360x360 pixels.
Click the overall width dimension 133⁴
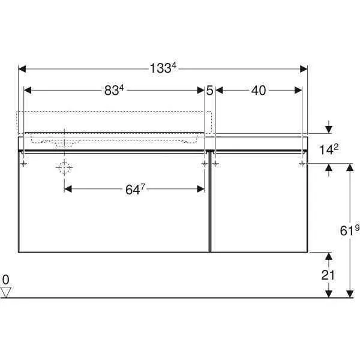163,68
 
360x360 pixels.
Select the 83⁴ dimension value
114,91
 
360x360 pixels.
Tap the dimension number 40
258,91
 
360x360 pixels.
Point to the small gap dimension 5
209,91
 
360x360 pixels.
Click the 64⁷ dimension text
135,190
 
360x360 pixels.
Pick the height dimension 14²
329,150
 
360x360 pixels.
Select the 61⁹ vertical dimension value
349,230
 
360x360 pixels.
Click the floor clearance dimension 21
328,275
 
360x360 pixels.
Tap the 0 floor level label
6,280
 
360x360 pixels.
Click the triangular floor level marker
7,292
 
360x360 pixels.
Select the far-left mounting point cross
24,163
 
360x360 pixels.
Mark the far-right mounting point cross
302,163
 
